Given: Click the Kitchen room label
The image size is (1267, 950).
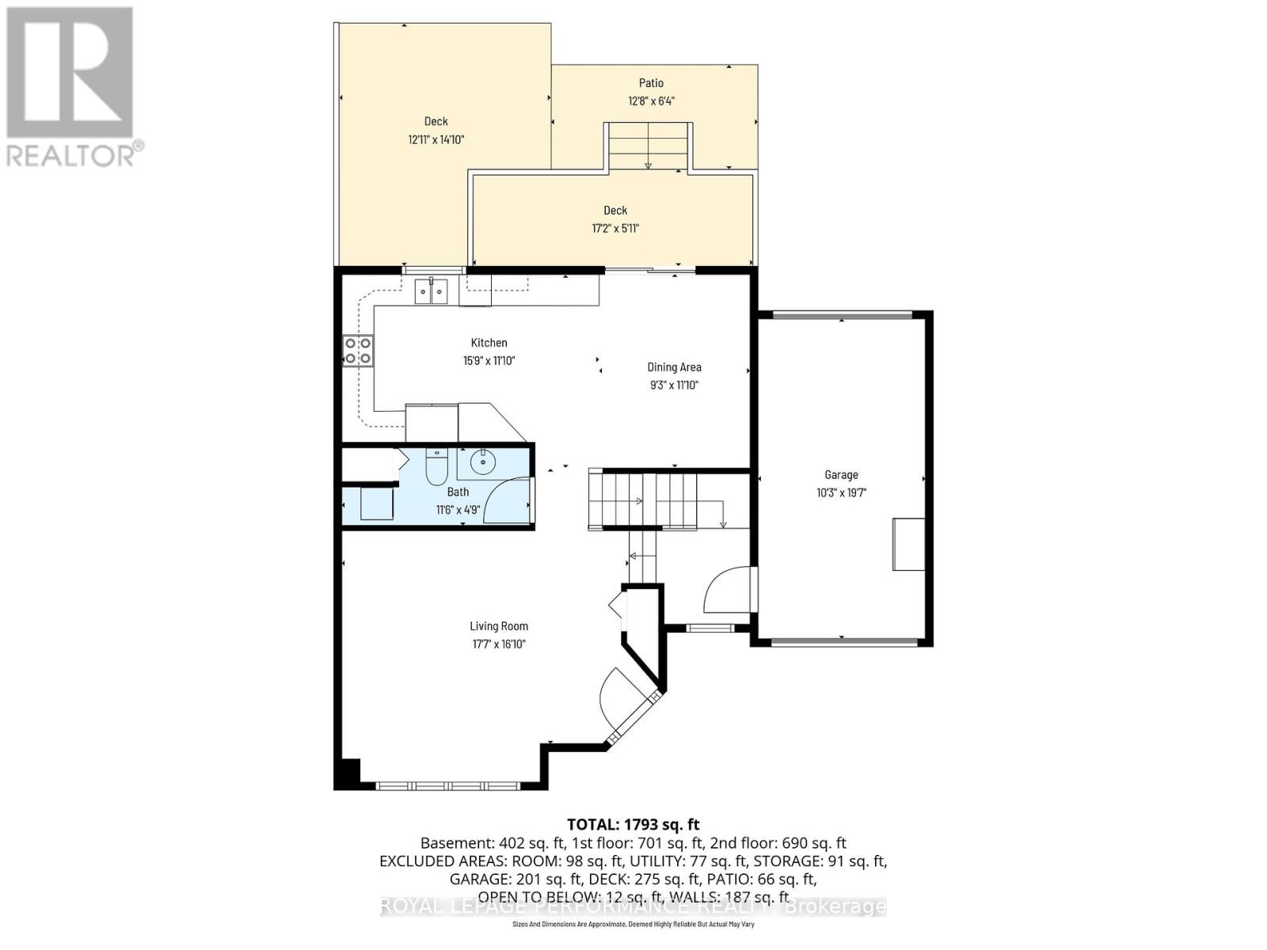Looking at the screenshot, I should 489,343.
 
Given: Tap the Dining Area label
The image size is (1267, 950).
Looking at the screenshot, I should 674,367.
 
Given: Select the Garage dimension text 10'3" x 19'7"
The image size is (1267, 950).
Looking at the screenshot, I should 841,492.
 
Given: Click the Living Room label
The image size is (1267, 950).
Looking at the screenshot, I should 499,626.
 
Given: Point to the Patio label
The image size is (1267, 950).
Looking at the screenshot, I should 651,83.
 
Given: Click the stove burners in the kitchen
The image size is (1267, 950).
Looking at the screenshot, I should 358,351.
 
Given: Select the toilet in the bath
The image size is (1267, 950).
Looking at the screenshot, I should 436,467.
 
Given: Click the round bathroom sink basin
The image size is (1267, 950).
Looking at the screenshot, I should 482,462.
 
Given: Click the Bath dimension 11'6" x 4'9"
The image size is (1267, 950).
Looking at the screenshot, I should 458,510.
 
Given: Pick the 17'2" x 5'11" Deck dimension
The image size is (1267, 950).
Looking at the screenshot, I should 615,229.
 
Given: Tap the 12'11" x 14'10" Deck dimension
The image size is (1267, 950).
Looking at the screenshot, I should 436,140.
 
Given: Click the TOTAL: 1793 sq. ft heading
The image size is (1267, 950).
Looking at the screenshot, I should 633,825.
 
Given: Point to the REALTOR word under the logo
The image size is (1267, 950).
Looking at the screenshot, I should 71,154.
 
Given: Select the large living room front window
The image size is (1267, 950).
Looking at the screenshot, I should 447,786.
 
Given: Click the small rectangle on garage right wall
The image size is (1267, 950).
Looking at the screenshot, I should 908,544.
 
